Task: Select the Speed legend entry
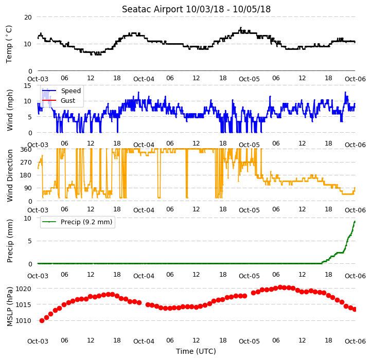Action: pos(61,91)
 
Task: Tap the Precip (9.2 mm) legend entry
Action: pos(77,222)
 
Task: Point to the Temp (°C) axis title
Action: pos(9,44)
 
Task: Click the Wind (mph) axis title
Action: pos(9,110)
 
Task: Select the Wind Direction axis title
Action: pos(9,175)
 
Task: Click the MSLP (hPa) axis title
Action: pos(9,307)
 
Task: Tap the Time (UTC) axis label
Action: pos(196,351)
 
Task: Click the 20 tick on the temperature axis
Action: pos(28,17)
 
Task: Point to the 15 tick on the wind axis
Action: pos(28,85)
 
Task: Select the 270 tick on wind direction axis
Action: pos(26,163)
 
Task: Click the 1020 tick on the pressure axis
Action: pos(24,289)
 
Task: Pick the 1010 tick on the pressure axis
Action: pos(24,321)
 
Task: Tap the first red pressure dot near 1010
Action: pos(42,321)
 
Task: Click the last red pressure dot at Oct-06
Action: pos(355,309)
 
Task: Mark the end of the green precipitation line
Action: pos(355,221)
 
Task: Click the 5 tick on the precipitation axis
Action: pos(29,241)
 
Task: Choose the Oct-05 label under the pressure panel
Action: pos(249,341)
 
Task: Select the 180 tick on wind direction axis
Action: pos(26,175)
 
